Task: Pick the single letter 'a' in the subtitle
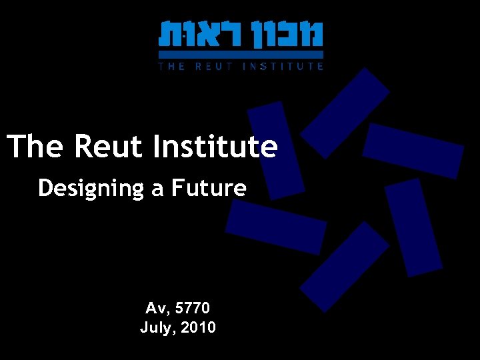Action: tap(157, 189)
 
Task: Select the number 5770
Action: tap(193, 309)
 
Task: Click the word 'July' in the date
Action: tap(156, 327)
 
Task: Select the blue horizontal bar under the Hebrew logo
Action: tap(241, 54)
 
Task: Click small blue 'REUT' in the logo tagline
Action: tap(211, 66)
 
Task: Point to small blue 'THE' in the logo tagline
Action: tap(171, 66)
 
